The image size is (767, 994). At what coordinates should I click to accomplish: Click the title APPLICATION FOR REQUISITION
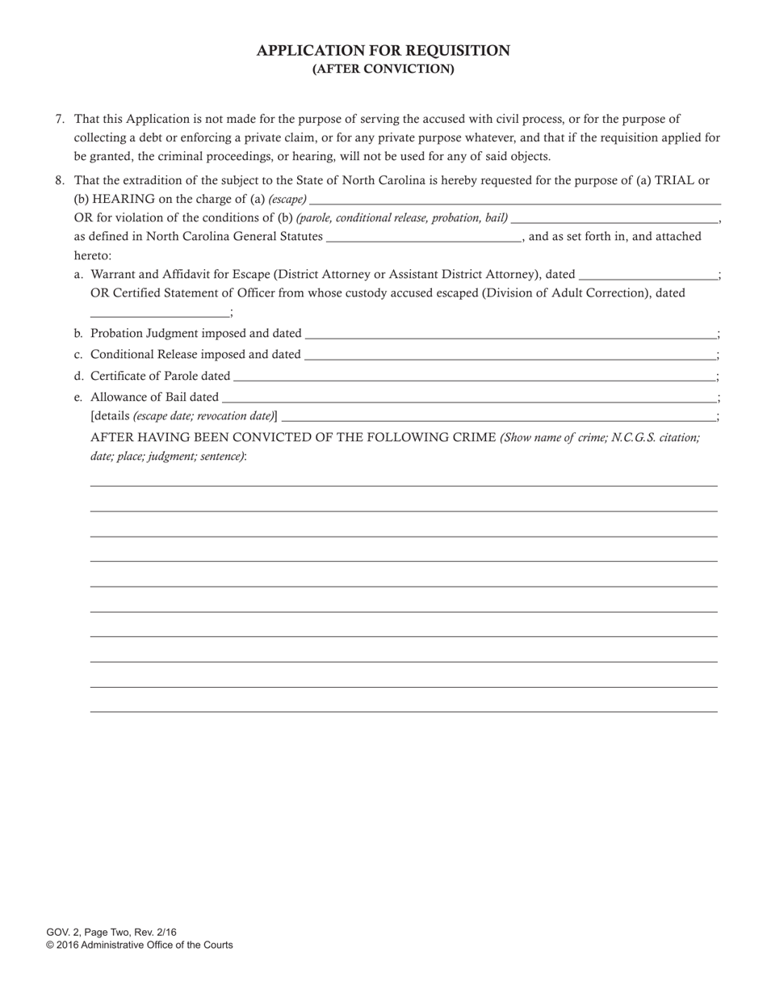point(383,51)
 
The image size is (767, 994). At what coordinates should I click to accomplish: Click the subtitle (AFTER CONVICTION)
point(383,69)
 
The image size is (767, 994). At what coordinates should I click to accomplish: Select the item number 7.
point(60,119)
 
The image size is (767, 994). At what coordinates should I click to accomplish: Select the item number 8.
point(60,181)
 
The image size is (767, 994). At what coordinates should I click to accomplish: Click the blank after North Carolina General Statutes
point(424,237)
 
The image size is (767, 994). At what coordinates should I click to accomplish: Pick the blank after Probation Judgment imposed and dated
point(509,333)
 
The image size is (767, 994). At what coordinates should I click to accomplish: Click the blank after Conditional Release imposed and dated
point(509,354)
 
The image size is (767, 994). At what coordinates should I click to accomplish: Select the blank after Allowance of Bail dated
point(468,397)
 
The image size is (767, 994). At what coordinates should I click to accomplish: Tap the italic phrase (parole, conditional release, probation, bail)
point(402,218)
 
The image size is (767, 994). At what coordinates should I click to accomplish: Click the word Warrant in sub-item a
point(115,275)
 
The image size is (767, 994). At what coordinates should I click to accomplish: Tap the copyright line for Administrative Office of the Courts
point(139,945)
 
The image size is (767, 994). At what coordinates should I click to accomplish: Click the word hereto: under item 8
point(93,255)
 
